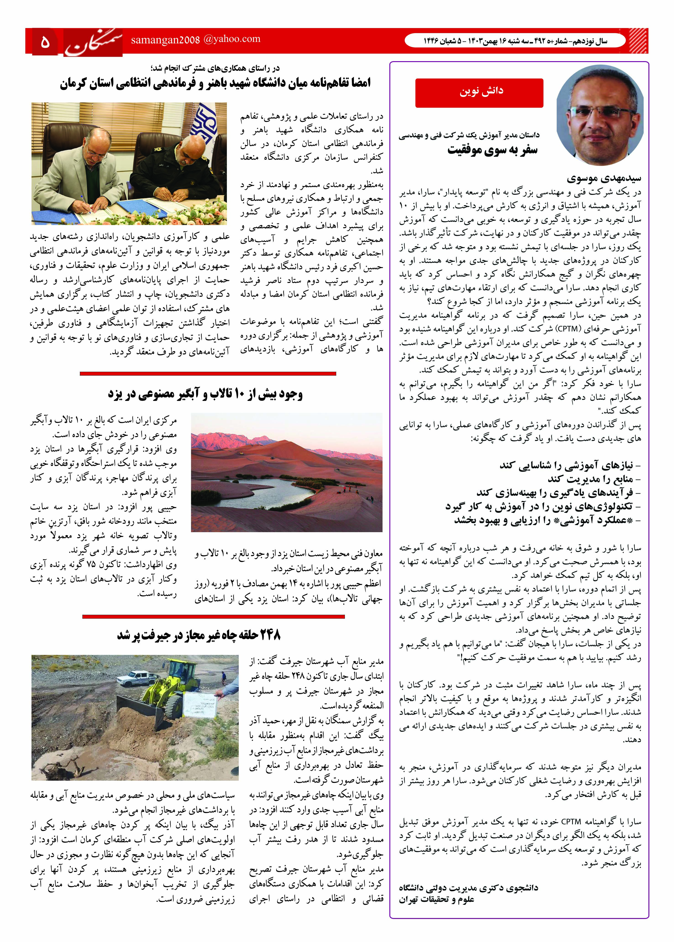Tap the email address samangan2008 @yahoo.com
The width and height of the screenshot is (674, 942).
tap(195, 39)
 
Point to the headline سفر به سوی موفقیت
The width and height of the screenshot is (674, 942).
tap(492, 150)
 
